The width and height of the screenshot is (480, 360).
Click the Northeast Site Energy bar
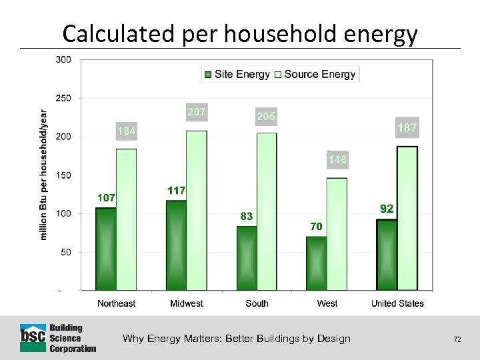(105, 249)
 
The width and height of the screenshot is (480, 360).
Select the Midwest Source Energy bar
(196, 211)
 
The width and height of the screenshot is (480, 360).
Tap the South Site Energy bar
(247, 258)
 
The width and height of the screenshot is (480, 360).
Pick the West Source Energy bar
(337, 234)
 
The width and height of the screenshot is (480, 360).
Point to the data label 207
(196, 112)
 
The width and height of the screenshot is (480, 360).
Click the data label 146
(337, 160)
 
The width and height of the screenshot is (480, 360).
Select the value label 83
(247, 216)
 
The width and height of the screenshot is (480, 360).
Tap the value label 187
(407, 127)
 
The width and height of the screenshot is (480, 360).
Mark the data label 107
(106, 198)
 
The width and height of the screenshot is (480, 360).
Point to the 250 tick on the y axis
(63, 98)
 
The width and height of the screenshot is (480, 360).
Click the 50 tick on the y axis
(65, 253)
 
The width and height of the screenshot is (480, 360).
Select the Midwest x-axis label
(187, 303)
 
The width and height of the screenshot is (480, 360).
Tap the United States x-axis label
(397, 303)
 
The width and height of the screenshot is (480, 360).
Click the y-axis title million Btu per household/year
(43, 175)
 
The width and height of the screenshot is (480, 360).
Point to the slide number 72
(457, 339)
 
